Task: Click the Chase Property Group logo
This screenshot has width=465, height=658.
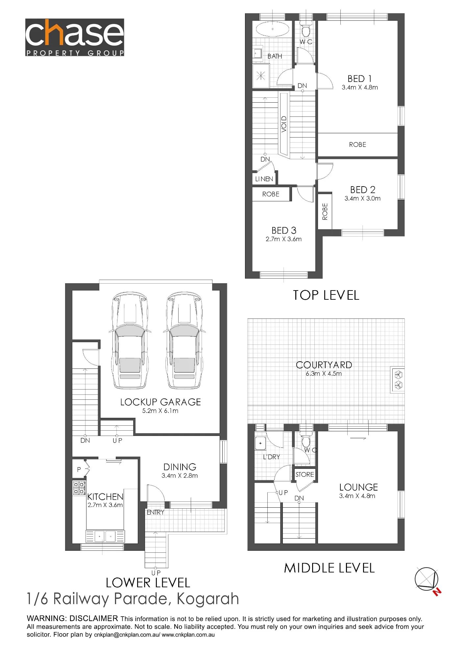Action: (75, 37)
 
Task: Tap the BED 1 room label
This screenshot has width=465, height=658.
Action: (359, 79)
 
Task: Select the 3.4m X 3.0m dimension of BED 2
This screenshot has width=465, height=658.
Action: (362, 199)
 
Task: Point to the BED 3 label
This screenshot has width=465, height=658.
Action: (284, 230)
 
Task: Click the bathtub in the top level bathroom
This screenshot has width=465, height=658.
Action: (272, 29)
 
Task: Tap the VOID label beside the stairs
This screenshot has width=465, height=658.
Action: (284, 124)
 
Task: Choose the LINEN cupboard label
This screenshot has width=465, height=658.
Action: (264, 179)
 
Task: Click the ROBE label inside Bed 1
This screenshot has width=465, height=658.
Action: (357, 145)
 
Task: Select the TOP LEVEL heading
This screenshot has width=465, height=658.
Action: (326, 295)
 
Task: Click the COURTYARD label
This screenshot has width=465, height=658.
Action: (324, 365)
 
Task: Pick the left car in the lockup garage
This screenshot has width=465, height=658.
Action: (130, 340)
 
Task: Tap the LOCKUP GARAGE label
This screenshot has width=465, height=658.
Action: (160, 402)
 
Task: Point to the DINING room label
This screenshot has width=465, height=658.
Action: (180, 467)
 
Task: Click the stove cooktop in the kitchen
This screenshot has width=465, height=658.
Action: (79, 488)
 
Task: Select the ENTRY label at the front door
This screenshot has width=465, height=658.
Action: (155, 512)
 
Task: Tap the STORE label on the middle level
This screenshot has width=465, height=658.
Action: (305, 474)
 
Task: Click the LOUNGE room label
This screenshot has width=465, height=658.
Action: (358, 487)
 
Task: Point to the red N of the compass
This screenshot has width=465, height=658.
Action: (437, 592)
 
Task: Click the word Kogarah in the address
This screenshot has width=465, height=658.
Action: (208, 599)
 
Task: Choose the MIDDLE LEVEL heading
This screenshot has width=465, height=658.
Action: (330, 568)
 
